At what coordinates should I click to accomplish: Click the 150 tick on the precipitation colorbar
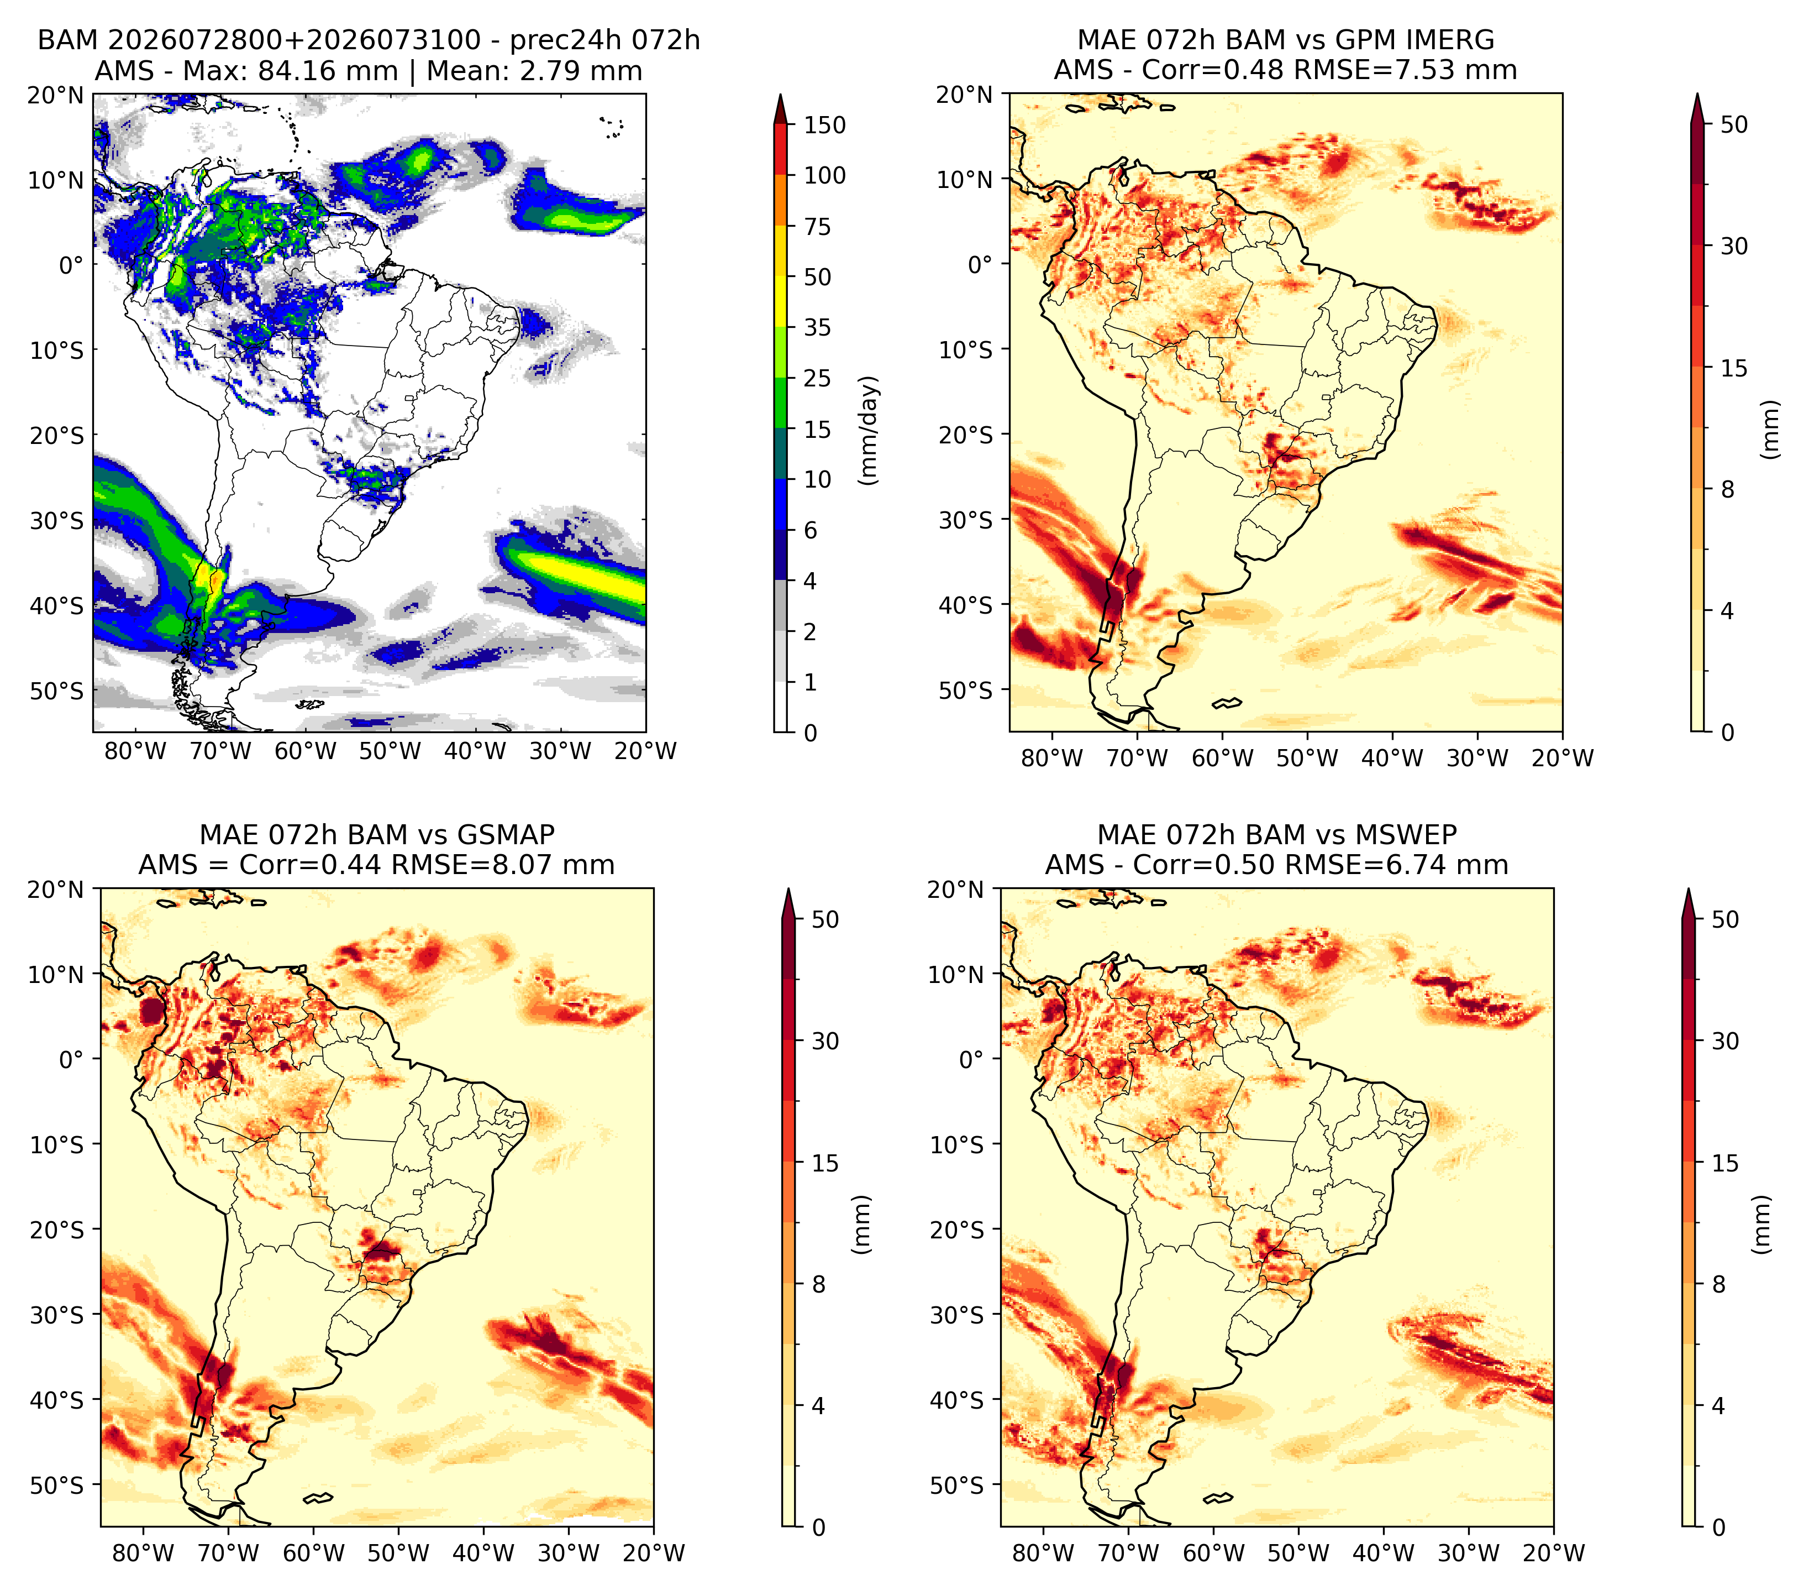point(824,125)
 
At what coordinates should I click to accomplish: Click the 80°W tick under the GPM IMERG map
point(1052,758)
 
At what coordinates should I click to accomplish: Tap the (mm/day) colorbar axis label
point(870,430)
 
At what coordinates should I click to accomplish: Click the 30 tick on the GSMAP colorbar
point(825,1041)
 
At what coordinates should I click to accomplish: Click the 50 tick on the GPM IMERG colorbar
point(1734,125)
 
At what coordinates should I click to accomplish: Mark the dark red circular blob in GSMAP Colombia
point(152,1012)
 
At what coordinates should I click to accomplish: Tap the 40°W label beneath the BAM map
point(475,751)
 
